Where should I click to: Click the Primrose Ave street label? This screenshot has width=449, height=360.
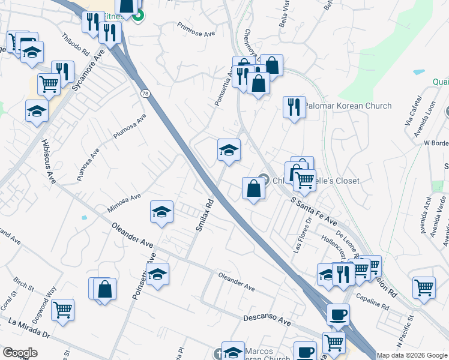point(196,29)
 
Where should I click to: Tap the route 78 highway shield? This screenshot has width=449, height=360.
point(145,94)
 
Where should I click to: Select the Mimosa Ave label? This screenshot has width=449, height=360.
point(124,203)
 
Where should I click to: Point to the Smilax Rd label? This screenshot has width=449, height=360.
point(205,215)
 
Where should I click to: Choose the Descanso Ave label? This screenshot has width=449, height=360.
point(267,319)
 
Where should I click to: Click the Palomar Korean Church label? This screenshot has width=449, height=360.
point(348,106)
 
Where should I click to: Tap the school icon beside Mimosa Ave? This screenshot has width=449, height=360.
point(161,211)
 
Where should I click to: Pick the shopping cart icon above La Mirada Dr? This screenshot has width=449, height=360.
point(62,310)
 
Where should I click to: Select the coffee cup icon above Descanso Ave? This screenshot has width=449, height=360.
point(339,314)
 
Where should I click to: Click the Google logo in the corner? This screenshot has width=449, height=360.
point(20,353)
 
